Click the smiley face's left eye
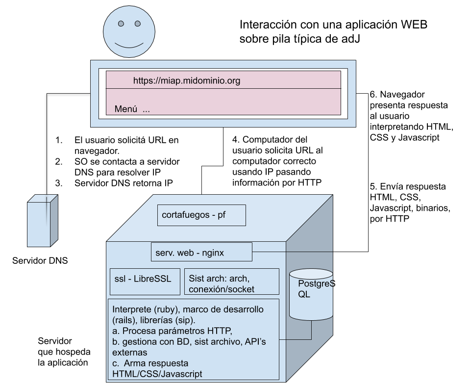click(121, 24)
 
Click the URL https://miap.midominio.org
click(187, 80)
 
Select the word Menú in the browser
click(126, 109)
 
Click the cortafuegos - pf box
click(201, 215)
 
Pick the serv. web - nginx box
click(201, 252)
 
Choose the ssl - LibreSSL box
click(145, 282)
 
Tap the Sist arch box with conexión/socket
click(232, 282)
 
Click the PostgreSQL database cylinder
click(311, 294)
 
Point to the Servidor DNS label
click(40, 260)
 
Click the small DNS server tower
click(42, 221)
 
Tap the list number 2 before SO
click(59, 162)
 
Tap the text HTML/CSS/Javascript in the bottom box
click(157, 374)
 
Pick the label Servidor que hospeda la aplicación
click(64, 352)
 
